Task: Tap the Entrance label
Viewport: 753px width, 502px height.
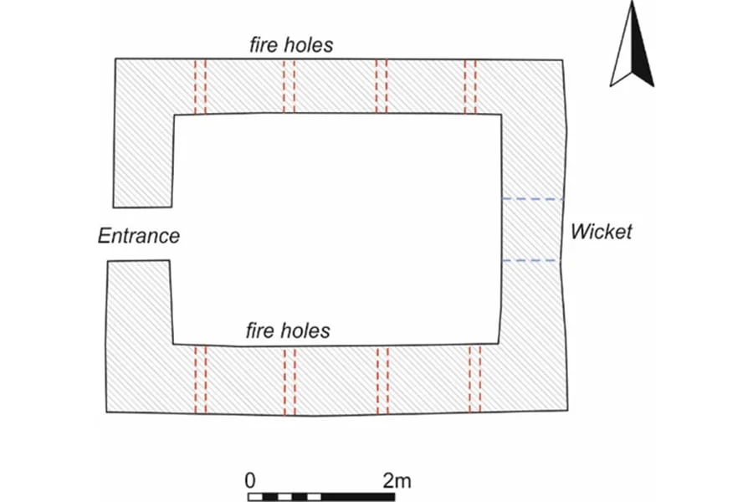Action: (139, 236)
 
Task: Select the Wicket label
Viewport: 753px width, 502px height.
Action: (601, 231)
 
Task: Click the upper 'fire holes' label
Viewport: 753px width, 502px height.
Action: (290, 44)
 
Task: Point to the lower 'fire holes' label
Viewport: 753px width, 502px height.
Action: (287, 330)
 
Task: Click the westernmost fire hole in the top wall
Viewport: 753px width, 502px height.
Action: (200, 86)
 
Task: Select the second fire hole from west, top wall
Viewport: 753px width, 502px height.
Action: (289, 86)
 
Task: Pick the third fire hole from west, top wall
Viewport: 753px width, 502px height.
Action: (382, 86)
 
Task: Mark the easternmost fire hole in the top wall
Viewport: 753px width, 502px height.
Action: (470, 86)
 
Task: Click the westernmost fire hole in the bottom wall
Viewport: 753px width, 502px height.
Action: (200, 379)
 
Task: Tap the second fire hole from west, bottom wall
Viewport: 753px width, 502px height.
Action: (289, 379)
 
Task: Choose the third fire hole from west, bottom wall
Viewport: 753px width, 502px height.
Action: (382, 379)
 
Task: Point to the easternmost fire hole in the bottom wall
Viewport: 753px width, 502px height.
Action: (474, 379)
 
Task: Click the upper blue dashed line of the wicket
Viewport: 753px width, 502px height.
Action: (532, 199)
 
